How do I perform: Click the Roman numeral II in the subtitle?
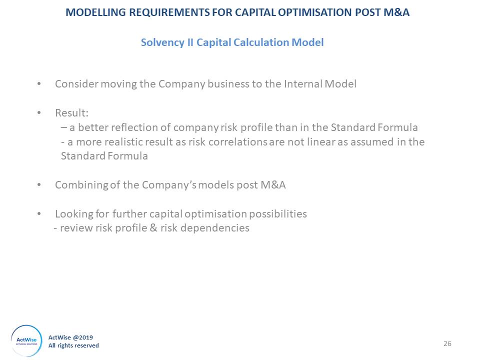190,42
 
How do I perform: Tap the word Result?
72,113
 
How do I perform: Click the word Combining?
81,185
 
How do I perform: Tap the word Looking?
74,214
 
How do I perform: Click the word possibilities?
277,213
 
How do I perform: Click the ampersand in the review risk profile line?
153,228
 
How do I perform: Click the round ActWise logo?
26,340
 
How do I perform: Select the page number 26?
447,344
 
